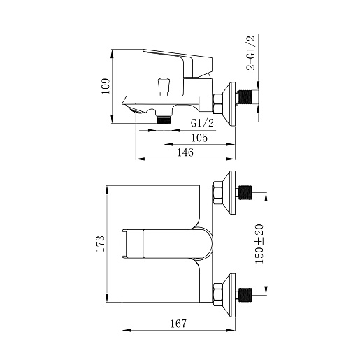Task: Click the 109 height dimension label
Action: pyautogui.click(x=106, y=86)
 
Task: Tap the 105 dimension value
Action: pyautogui.click(x=199, y=138)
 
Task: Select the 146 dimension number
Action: pyautogui.click(x=185, y=152)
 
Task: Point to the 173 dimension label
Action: pyautogui.click(x=101, y=244)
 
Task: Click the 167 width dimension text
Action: pyautogui.click(x=178, y=324)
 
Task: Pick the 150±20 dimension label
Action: pyautogui.click(x=259, y=244)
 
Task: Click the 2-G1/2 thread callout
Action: pyautogui.click(x=251, y=53)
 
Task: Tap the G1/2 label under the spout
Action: pyautogui.click(x=202, y=123)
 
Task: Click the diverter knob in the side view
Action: pyautogui.click(x=164, y=87)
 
